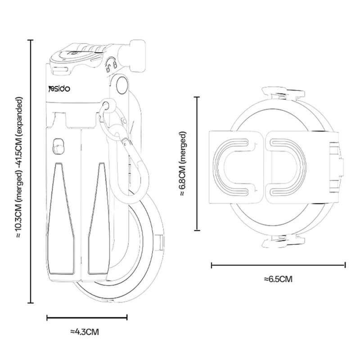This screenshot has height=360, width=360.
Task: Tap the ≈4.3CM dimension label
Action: (85, 332)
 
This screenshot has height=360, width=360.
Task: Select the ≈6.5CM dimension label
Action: (279, 279)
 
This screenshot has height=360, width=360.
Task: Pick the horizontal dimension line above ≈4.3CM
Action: (87, 318)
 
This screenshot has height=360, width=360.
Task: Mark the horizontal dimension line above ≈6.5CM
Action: (278, 265)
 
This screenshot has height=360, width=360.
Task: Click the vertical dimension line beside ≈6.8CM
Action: (197, 163)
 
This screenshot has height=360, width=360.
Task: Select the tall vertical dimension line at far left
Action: (31, 171)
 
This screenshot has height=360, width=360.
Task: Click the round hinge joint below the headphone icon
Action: (121, 84)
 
